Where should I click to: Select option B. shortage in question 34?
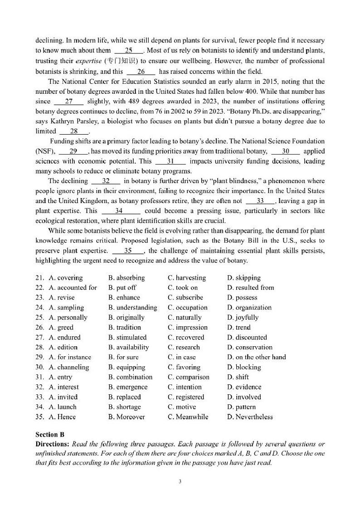pyautogui.click(x=125, y=407)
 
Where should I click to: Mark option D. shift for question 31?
pyautogui.click(x=238, y=377)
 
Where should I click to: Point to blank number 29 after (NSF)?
pyautogui.click(x=73, y=151)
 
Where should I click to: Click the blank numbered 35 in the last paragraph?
pyautogui.click(x=127, y=251)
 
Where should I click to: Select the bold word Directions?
pyautogui.click(x=52, y=443)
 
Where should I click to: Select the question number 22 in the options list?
pyautogui.click(x=39, y=288)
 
